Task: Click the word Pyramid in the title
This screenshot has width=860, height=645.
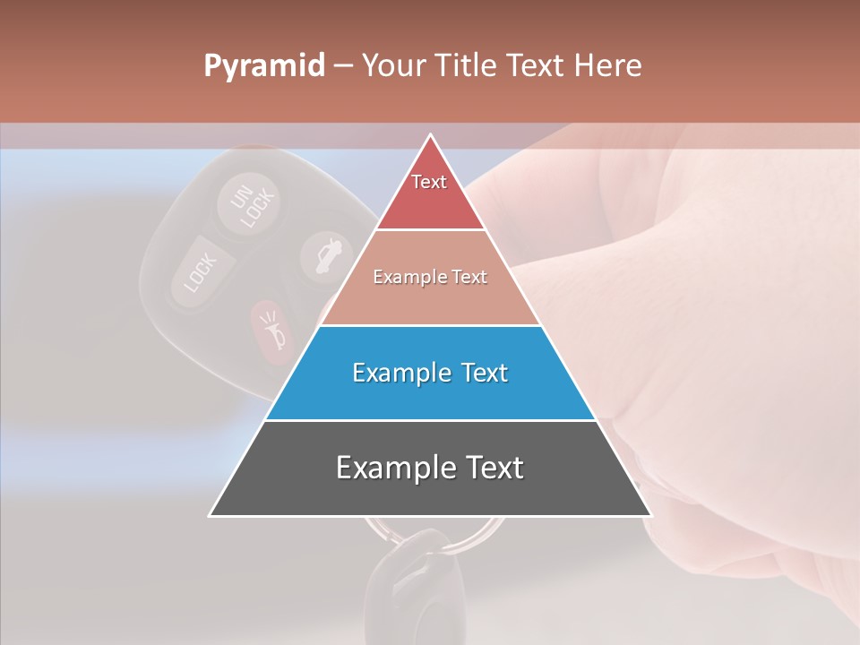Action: [263, 66]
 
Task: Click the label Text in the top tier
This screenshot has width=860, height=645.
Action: [429, 182]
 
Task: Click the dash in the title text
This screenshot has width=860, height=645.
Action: [342, 66]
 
